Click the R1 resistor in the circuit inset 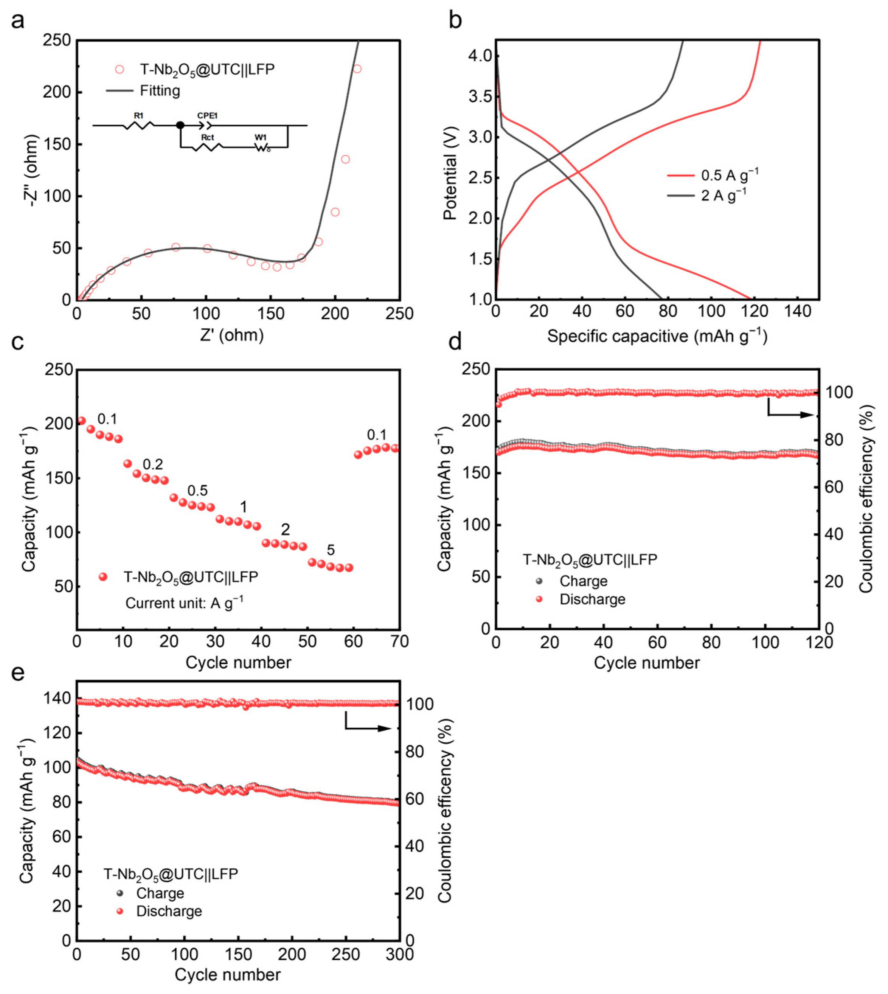click(138, 126)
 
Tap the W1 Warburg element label click(260, 138)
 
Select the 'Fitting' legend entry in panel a click(160, 91)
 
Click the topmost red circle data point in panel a click(357, 69)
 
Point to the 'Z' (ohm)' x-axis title click(232, 335)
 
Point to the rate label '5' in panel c click(331, 550)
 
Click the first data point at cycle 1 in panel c click(81, 421)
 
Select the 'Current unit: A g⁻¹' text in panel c click(185, 603)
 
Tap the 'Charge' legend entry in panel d click(583, 581)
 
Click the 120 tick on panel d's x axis click(818, 642)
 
